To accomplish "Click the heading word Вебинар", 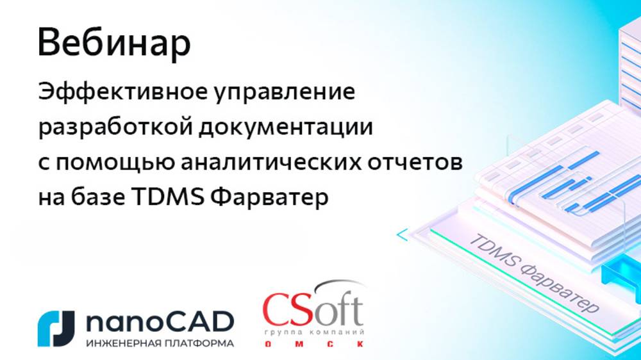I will point(114,44).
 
